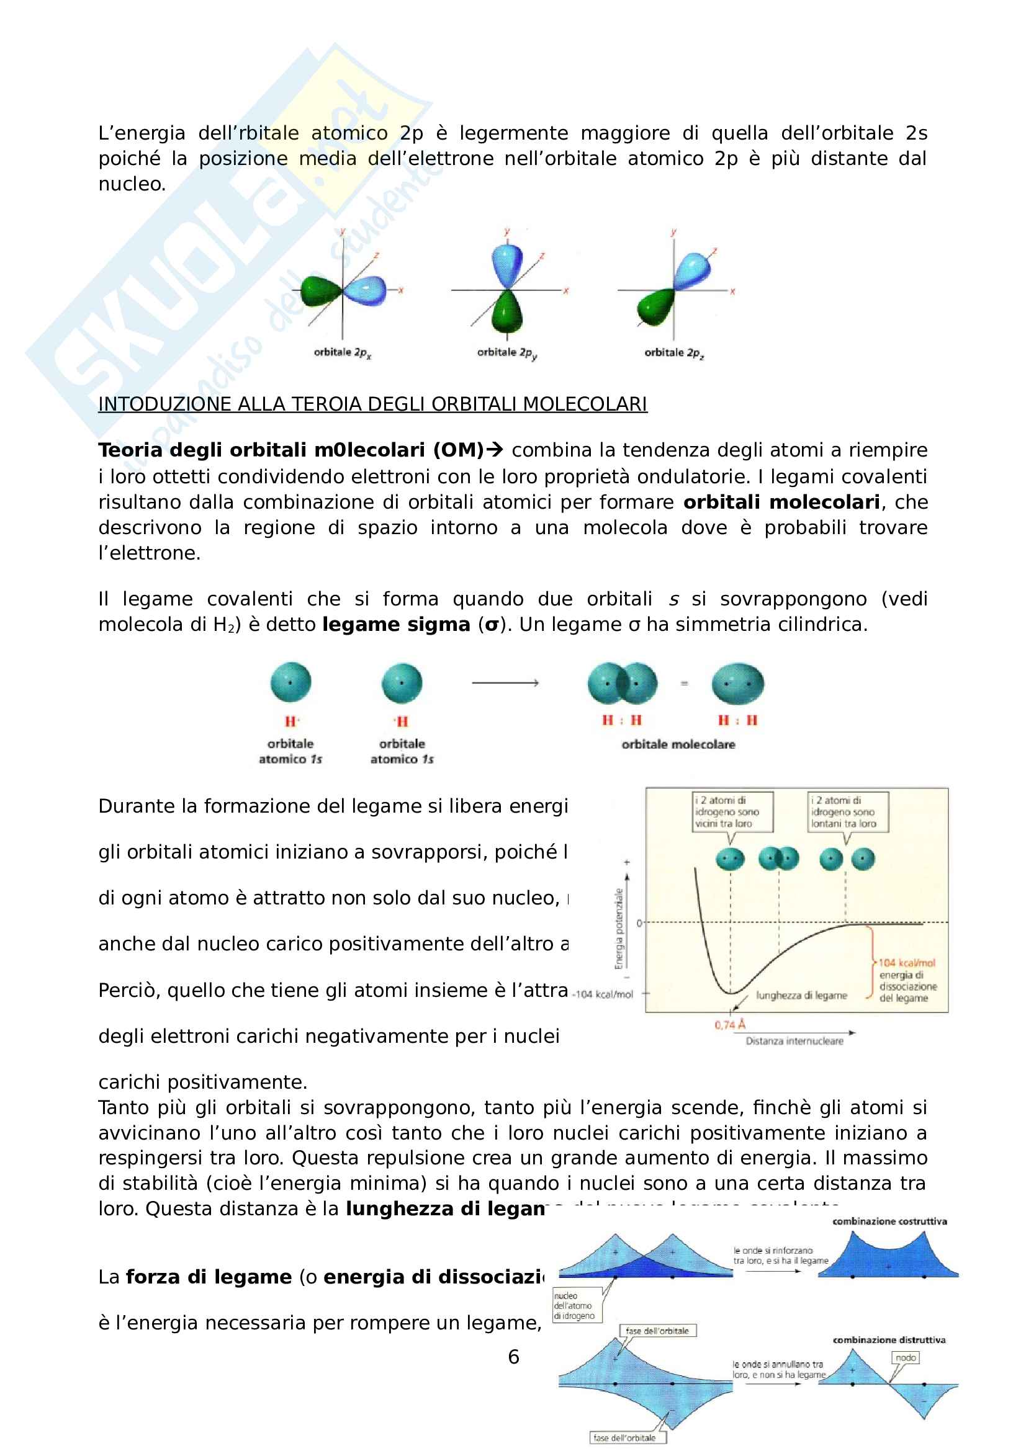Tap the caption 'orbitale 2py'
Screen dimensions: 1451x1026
coord(506,352)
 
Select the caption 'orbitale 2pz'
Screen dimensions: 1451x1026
coord(673,352)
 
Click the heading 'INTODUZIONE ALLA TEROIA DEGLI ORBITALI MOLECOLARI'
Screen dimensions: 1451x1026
coord(372,404)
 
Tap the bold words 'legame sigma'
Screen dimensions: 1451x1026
coord(396,625)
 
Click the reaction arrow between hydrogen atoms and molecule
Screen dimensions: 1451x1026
coord(505,682)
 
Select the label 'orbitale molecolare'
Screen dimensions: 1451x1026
coord(678,744)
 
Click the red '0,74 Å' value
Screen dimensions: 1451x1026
coord(729,1024)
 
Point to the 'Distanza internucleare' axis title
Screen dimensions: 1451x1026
coord(794,1041)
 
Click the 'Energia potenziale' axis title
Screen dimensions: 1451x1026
coord(619,929)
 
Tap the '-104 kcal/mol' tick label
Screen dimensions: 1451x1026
coord(603,994)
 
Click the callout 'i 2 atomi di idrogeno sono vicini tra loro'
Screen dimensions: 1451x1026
coord(732,811)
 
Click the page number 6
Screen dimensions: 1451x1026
coord(513,1356)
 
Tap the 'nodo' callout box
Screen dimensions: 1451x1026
coord(905,1357)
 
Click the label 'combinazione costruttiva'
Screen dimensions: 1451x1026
coord(889,1221)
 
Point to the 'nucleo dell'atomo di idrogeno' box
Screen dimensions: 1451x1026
coord(577,1306)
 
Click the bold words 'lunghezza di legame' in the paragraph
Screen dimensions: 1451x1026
coord(445,1209)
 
